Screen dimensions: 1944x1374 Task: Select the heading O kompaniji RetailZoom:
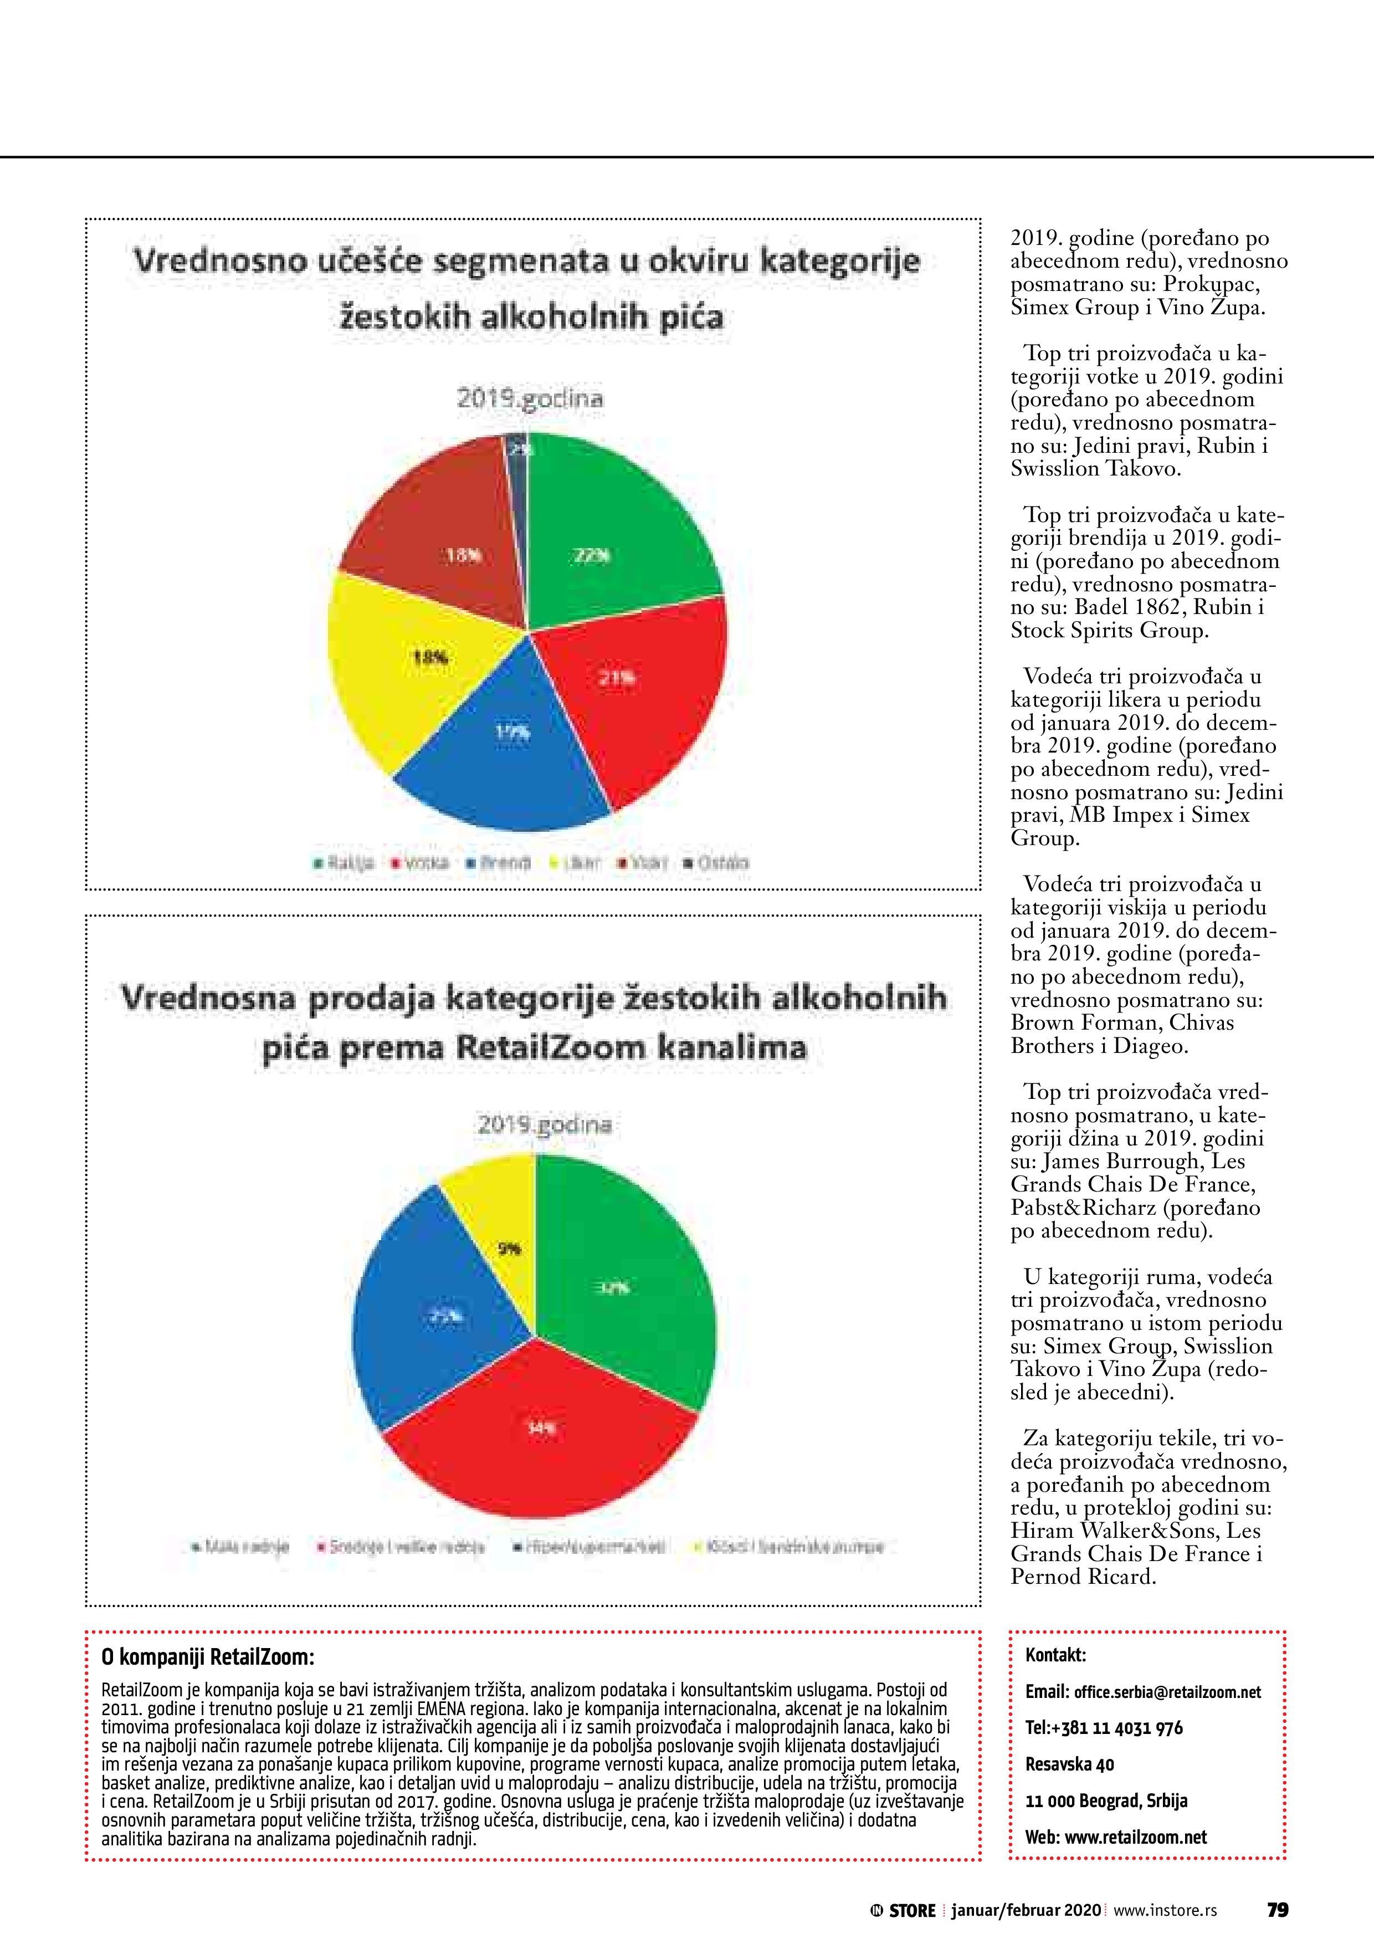coord(207,1657)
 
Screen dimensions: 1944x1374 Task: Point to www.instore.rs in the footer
coord(1165,1910)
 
